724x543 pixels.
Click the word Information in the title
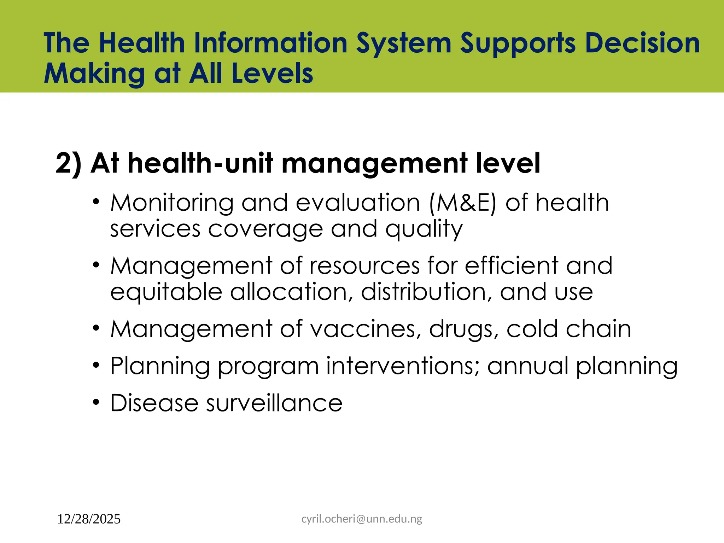coord(270,43)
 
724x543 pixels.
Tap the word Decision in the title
coord(642,43)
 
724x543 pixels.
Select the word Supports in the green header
coord(518,44)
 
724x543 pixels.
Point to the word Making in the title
coord(94,74)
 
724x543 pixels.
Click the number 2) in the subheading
coord(68,163)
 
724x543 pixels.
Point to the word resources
coord(364,266)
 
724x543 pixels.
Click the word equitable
coord(166,293)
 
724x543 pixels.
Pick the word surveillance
coord(274,403)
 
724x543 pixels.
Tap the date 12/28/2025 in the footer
coord(89,519)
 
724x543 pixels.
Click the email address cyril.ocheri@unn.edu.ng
coord(362,519)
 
